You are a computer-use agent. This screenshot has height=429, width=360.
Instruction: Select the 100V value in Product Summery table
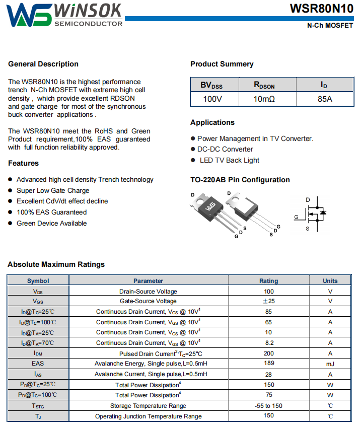212,99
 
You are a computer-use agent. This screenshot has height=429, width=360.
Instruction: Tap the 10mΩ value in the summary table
264,99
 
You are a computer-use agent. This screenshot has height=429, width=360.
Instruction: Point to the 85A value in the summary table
325,99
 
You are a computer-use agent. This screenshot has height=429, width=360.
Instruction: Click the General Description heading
43,64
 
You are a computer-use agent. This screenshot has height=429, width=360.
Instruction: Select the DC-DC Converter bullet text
225,149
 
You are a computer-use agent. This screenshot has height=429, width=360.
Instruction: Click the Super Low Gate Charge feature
53,190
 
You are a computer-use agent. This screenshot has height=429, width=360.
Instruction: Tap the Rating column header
268,281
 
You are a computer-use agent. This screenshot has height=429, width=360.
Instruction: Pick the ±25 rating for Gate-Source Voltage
268,301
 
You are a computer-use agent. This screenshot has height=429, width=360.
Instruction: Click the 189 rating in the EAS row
268,363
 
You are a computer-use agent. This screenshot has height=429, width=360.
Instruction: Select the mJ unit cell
330,364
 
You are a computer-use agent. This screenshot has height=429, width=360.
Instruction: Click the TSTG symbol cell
38,406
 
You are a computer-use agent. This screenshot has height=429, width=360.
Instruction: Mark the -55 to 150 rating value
268,405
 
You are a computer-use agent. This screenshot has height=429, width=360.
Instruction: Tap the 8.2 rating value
268,342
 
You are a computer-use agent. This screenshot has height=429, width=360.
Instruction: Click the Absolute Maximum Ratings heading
56,264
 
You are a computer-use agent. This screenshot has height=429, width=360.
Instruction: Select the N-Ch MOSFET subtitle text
330,26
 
